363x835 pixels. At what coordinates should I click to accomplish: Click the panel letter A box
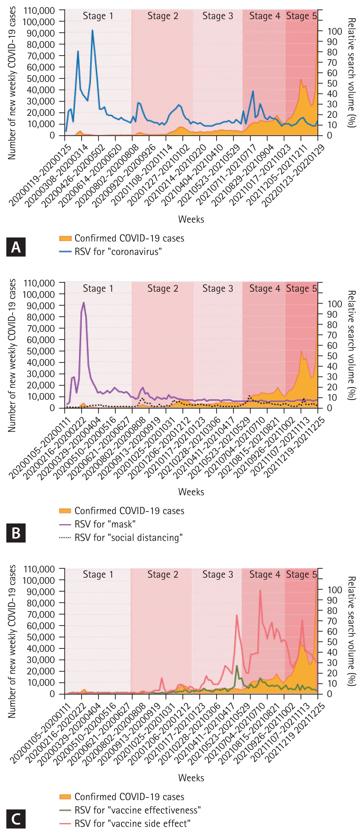tap(16, 247)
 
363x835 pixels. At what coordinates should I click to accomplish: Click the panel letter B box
tap(16, 533)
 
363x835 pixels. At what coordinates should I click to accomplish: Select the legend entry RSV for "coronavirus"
tap(118, 251)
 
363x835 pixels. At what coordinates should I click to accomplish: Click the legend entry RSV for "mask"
tap(105, 524)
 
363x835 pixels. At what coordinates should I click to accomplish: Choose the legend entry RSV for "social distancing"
tap(128, 537)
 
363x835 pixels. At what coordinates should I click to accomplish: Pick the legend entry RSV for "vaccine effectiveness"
tap(137, 810)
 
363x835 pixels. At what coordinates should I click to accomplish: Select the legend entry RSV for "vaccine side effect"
tap(132, 823)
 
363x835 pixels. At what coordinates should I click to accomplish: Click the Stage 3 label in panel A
tap(218, 16)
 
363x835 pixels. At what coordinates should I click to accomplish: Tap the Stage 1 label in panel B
tap(98, 289)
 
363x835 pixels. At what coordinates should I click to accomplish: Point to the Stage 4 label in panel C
tap(265, 574)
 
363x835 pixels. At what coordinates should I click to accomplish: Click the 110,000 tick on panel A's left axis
tap(39, 11)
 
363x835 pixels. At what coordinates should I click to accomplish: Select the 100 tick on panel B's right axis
tap(334, 304)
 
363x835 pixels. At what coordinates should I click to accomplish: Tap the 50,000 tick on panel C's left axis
tap(41, 637)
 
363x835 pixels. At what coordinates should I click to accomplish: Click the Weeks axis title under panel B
tap(191, 492)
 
